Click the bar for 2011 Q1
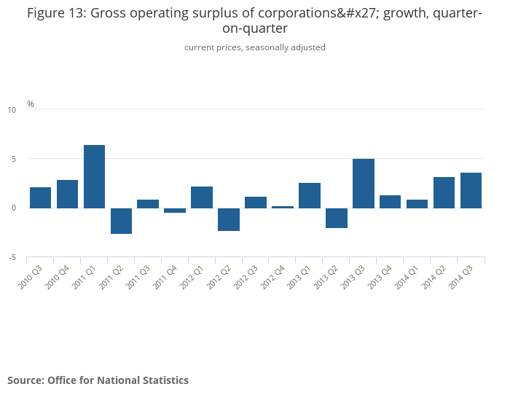tap(94, 176)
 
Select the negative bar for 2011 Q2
tap(121, 221)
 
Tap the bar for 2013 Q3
tap(363, 184)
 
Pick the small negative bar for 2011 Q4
tap(175, 211)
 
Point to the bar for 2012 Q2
tap(229, 219)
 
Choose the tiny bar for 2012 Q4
tap(283, 207)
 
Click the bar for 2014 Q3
tap(471, 190)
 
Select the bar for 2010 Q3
tap(40, 197)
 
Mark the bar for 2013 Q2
tap(337, 218)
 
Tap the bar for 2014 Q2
tap(444, 192)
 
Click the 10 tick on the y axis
tap(12, 110)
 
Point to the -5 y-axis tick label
tap(12, 258)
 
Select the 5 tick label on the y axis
tap(13, 159)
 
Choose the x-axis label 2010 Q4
tap(58, 277)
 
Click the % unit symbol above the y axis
tap(31, 104)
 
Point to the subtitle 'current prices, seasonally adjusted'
tap(255, 47)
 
